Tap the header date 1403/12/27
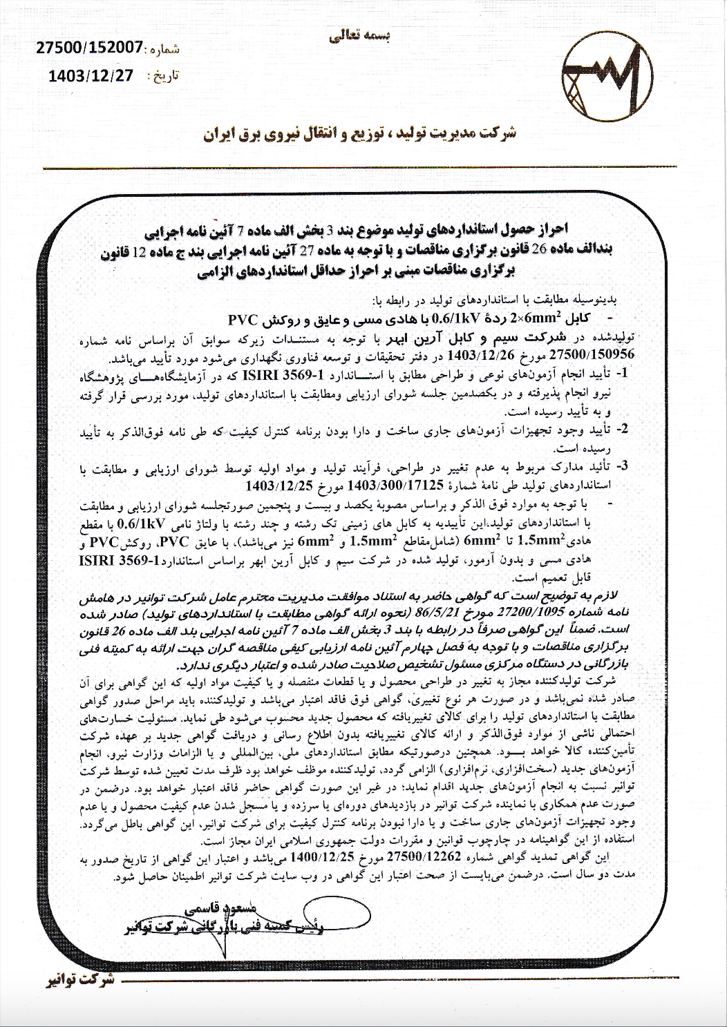click(91, 76)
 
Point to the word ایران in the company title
click(225, 133)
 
